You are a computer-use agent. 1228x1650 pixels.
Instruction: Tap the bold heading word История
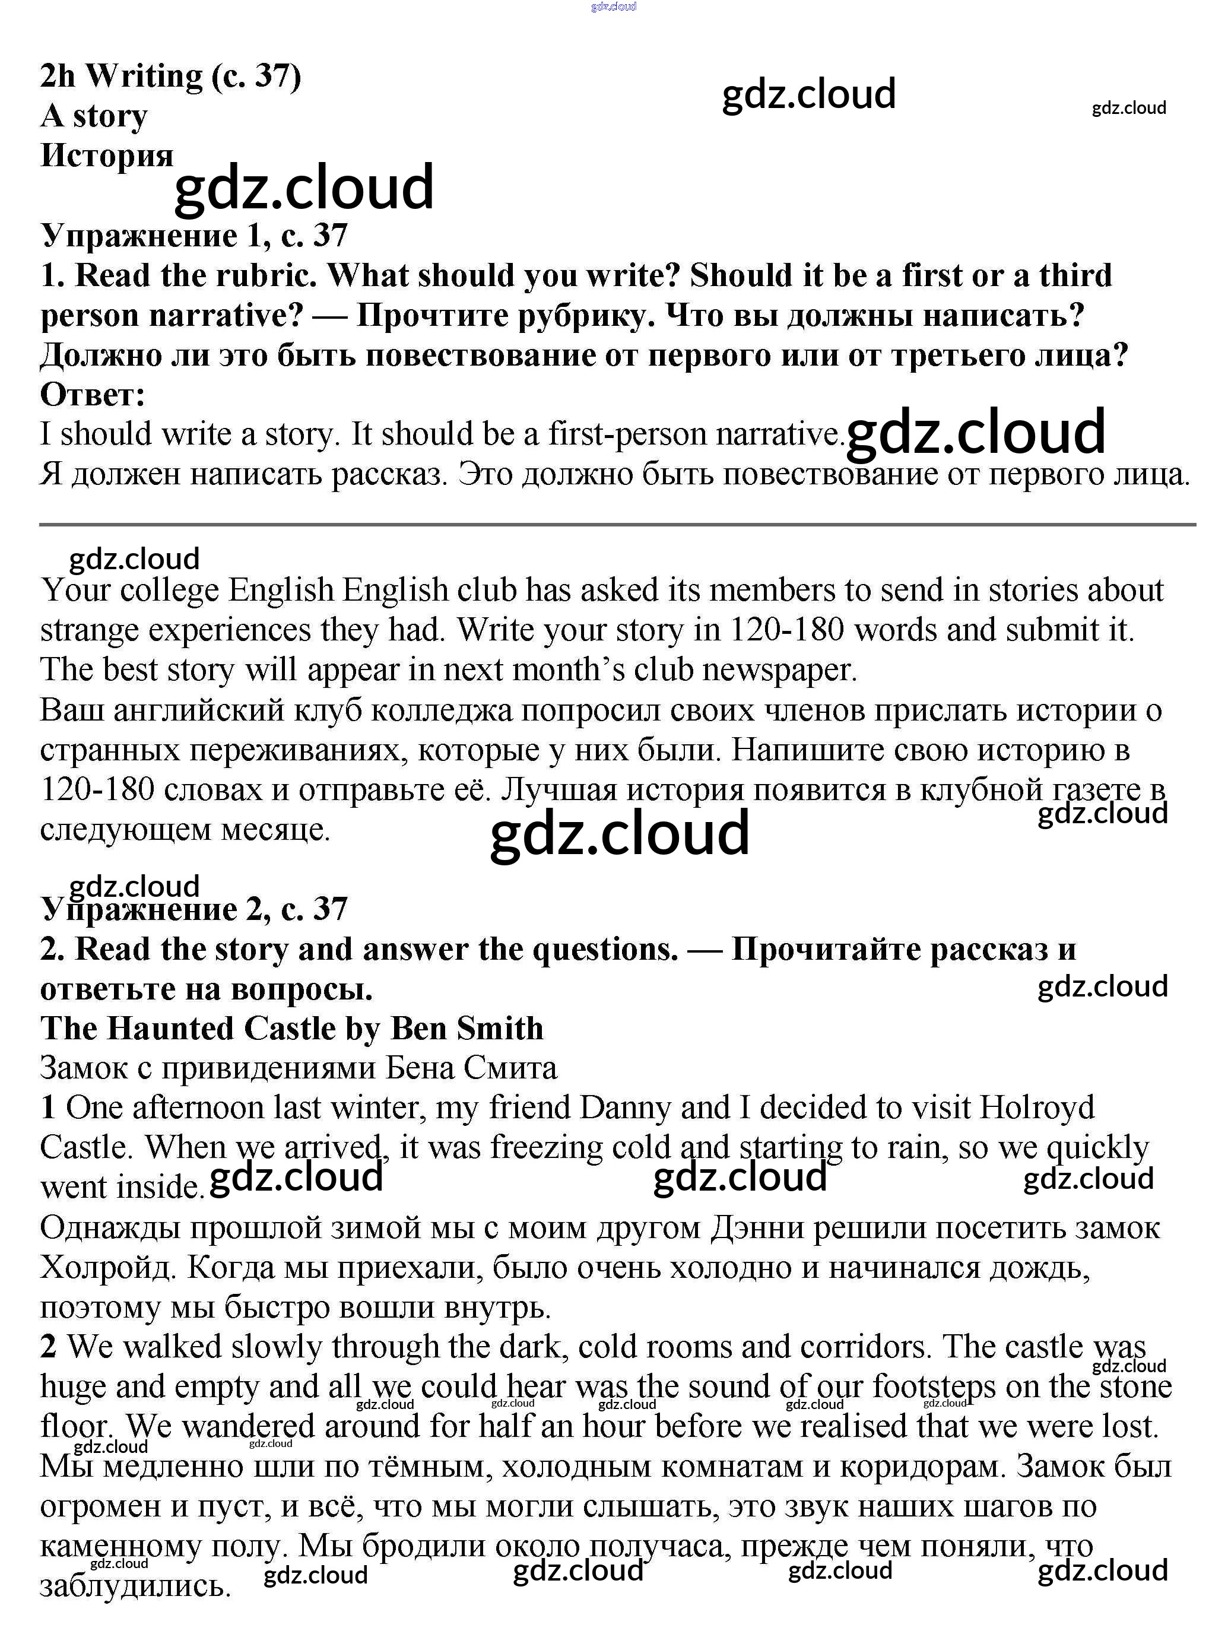tap(106, 156)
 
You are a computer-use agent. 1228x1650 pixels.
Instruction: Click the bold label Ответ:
tap(92, 395)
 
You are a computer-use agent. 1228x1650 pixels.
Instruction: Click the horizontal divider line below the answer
tap(617, 525)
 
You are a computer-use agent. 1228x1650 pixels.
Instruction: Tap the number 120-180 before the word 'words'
tap(786, 630)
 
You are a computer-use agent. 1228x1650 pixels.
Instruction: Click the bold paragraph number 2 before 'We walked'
tap(48, 1347)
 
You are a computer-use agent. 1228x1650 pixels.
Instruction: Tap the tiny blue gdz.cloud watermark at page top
tap(613, 7)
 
